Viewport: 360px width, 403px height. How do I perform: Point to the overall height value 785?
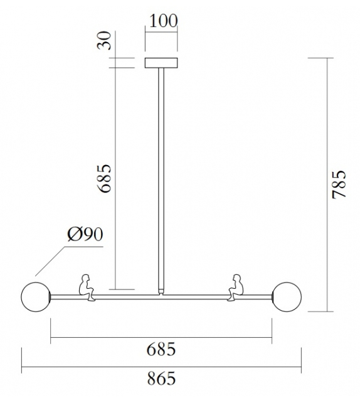tap(338, 183)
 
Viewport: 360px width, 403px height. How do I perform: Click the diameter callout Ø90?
tap(84, 236)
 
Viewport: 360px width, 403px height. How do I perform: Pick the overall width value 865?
tap(162, 379)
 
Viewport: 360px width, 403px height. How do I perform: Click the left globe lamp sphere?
tap(36, 296)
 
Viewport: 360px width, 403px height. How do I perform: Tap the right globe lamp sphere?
tap(287, 296)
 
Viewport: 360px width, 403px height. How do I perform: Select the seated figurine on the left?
tap(86, 287)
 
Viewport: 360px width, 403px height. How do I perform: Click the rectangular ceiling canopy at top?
tap(161, 63)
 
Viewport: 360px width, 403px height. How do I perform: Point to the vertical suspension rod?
tap(161, 176)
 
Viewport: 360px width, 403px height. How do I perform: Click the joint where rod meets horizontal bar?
tap(161, 292)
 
